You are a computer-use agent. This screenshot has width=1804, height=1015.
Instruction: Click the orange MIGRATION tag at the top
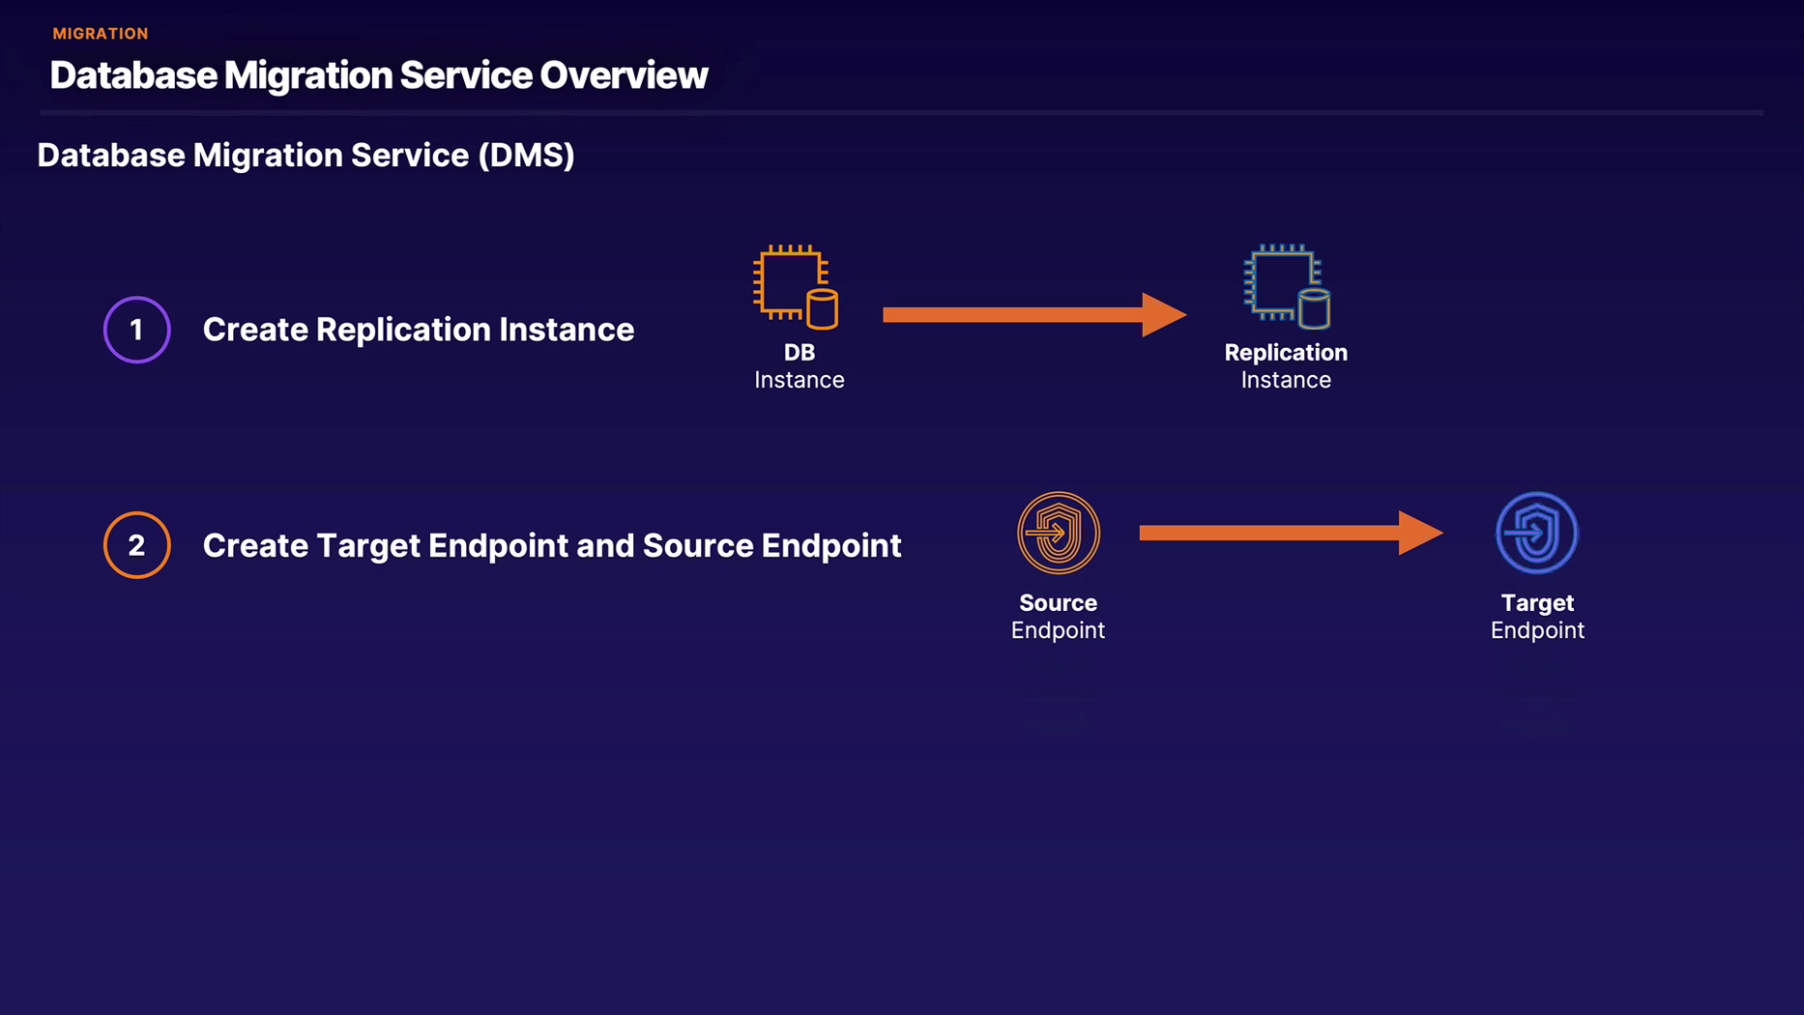point(101,34)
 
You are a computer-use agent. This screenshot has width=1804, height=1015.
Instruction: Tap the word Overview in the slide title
point(624,75)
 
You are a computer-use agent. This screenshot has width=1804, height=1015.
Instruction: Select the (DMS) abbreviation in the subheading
point(527,156)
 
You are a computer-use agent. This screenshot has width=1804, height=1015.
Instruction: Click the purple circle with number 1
point(137,330)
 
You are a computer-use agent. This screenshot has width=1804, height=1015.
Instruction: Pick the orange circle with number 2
point(137,545)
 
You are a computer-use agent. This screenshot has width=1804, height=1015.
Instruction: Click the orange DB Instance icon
point(797,287)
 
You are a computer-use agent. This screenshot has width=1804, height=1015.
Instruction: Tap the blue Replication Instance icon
point(1287,287)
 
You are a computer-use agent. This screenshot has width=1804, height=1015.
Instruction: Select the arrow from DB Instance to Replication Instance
point(1034,314)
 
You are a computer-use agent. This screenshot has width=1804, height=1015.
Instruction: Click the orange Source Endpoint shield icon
point(1059,533)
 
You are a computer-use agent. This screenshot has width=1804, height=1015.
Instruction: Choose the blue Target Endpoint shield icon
point(1537,533)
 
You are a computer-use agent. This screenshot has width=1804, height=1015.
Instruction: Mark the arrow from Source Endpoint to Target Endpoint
point(1292,533)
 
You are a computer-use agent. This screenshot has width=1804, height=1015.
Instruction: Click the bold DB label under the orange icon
point(800,353)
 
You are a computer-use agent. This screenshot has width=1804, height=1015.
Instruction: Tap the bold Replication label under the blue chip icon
point(1286,353)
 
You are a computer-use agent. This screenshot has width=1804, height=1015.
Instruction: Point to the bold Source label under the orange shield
point(1059,603)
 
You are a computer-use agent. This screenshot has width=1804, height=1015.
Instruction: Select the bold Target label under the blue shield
point(1537,603)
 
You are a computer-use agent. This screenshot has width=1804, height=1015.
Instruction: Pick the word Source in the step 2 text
point(697,546)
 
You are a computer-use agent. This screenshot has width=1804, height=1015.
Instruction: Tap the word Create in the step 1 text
point(255,331)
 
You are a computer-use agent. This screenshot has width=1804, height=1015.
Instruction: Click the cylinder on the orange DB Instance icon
point(823,309)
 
